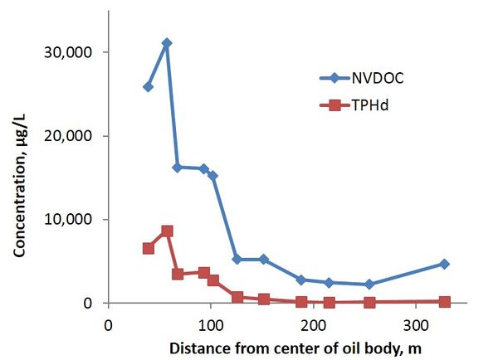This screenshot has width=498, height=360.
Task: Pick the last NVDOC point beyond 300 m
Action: click(x=444, y=264)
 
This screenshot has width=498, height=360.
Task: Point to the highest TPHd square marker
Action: click(x=167, y=231)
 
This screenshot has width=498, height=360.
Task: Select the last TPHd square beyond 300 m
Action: click(x=444, y=302)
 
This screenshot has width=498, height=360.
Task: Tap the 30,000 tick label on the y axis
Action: click(x=76, y=52)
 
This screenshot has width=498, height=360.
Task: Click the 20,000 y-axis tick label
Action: click(x=76, y=136)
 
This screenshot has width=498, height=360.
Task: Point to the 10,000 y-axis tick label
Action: click(x=76, y=220)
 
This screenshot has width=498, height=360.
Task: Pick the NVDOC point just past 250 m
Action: click(x=369, y=284)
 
